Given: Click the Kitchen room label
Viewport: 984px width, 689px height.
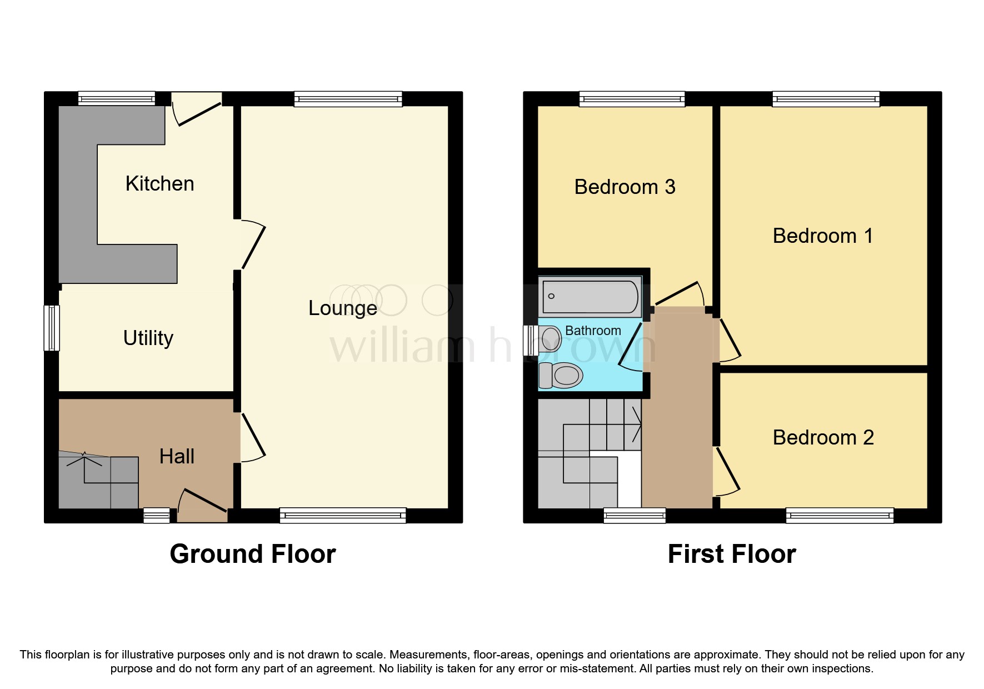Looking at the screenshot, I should pos(159,184).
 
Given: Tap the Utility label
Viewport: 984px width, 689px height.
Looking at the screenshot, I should pos(148,338).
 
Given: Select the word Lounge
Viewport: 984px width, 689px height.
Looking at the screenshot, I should pos(342,308).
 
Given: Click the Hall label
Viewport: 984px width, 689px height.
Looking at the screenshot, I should pos(177,457).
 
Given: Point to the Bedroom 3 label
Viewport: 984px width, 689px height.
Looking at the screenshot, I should pos(625,187).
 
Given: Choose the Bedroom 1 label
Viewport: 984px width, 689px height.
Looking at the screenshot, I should pos(822,236).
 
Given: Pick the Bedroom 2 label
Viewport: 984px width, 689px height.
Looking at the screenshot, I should pos(823,438).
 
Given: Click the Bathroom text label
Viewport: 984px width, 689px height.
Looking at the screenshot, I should pos(593,331).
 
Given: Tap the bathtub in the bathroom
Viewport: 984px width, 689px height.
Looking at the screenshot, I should pos(590,297).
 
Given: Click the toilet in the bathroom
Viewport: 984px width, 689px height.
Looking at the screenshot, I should pos(561,375).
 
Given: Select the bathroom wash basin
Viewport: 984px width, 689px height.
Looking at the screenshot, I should pos(550,339).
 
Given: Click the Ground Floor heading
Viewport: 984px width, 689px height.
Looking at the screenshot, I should pos(253,554).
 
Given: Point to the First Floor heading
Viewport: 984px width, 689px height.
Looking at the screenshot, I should pos(732,554).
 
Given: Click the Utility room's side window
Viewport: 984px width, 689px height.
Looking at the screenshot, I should pos(52,328).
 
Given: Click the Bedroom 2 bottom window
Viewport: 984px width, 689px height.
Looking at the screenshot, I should pos(840,516).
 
